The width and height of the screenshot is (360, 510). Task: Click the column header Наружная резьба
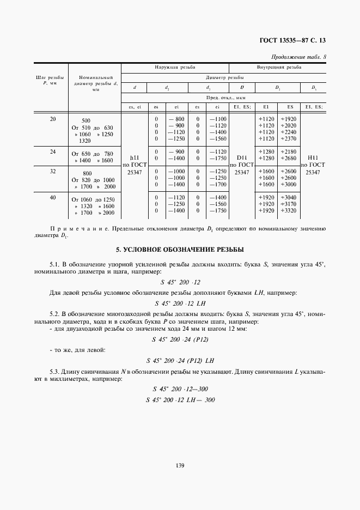[x=174, y=68]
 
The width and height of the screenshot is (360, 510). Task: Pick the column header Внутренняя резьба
[x=279, y=68]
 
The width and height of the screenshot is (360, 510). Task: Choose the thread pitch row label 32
[x=53, y=171]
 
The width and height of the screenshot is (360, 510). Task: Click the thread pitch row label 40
[x=53, y=197]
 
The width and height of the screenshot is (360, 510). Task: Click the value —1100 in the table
[x=220, y=119]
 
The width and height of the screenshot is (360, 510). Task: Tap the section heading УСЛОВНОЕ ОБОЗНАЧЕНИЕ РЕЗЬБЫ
[x=180, y=250]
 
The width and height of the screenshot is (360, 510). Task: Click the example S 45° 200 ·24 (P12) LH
[x=180, y=360]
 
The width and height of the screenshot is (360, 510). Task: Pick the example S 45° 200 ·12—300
[x=180, y=389]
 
